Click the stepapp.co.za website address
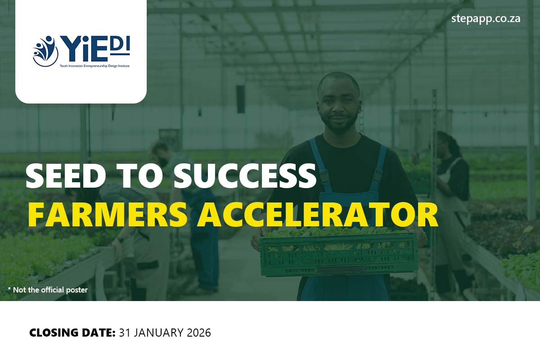[486, 19]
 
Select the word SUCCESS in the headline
[245, 175]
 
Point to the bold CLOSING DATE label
[72, 333]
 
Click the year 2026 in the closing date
[197, 333]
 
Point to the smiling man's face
[338, 103]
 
